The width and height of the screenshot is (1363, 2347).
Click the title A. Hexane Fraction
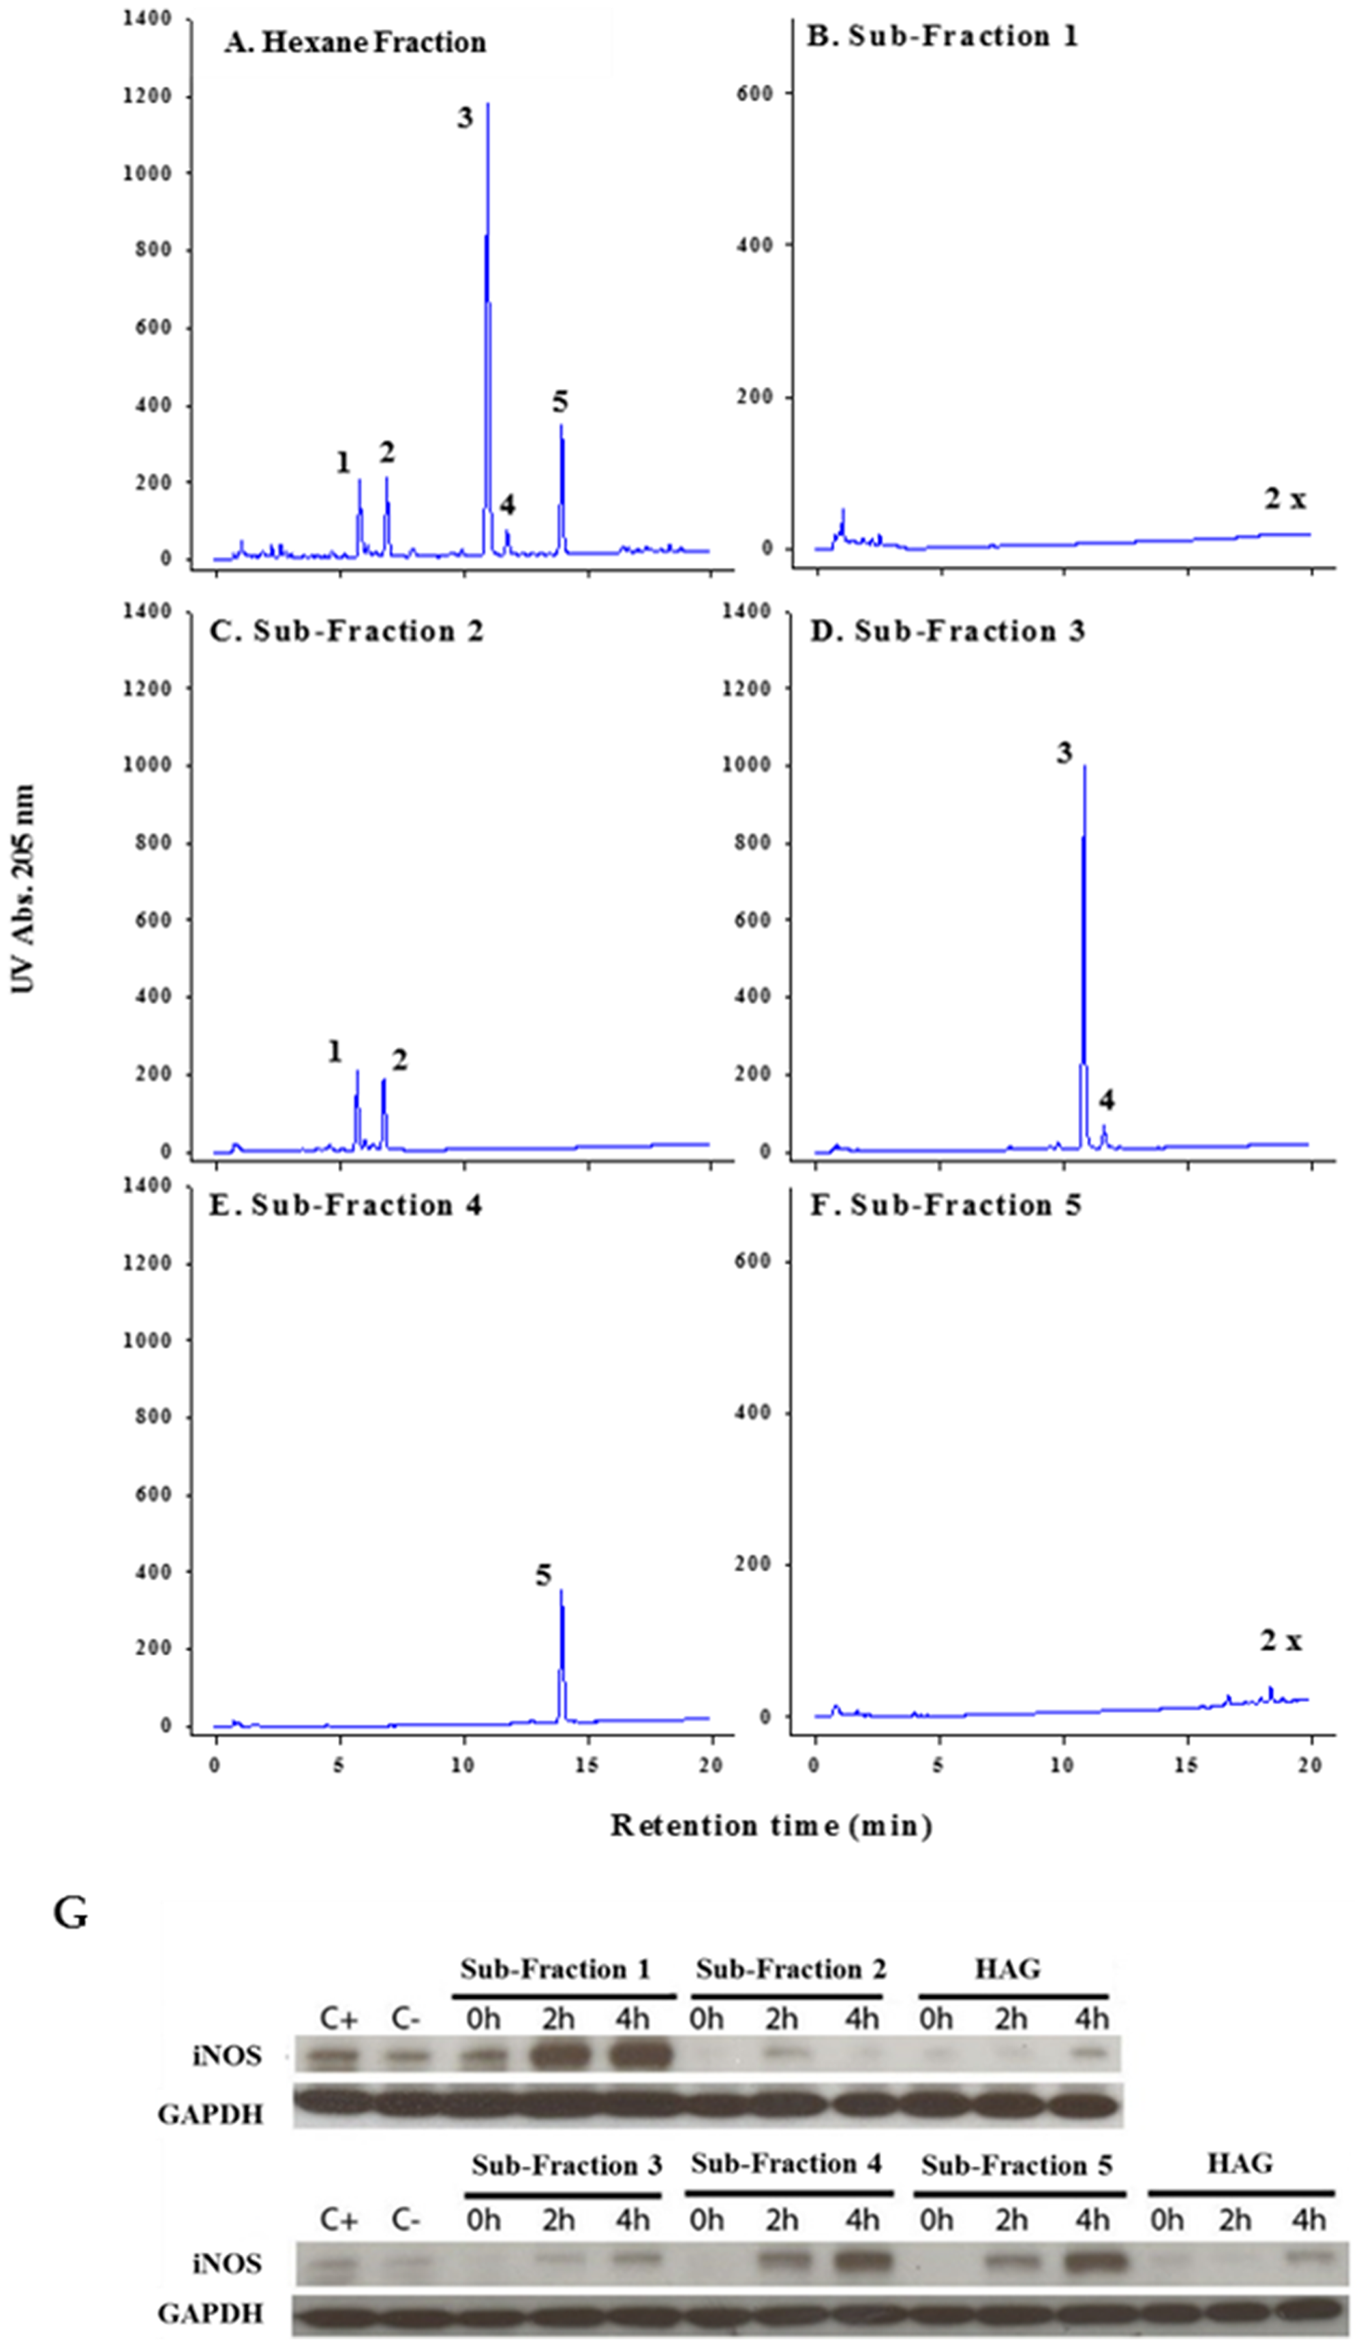coord(355,43)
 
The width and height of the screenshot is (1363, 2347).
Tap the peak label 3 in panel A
coord(464,119)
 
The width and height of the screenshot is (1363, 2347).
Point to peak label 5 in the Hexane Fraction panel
coord(559,403)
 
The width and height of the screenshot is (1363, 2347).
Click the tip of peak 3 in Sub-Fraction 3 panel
coord(1084,768)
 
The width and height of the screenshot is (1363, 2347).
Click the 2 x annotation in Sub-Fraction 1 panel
coord(1284,500)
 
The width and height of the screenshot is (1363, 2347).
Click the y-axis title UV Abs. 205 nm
coord(23,889)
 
